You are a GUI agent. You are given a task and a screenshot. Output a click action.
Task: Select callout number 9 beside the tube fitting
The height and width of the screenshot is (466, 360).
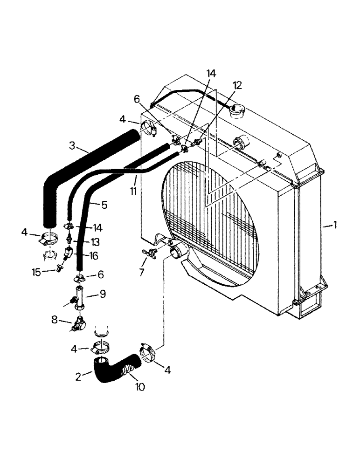103,294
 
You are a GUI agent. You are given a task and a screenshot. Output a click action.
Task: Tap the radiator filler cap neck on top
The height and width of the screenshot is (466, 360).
237,111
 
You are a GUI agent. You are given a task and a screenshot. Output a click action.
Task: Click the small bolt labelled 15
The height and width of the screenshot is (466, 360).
59,268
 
